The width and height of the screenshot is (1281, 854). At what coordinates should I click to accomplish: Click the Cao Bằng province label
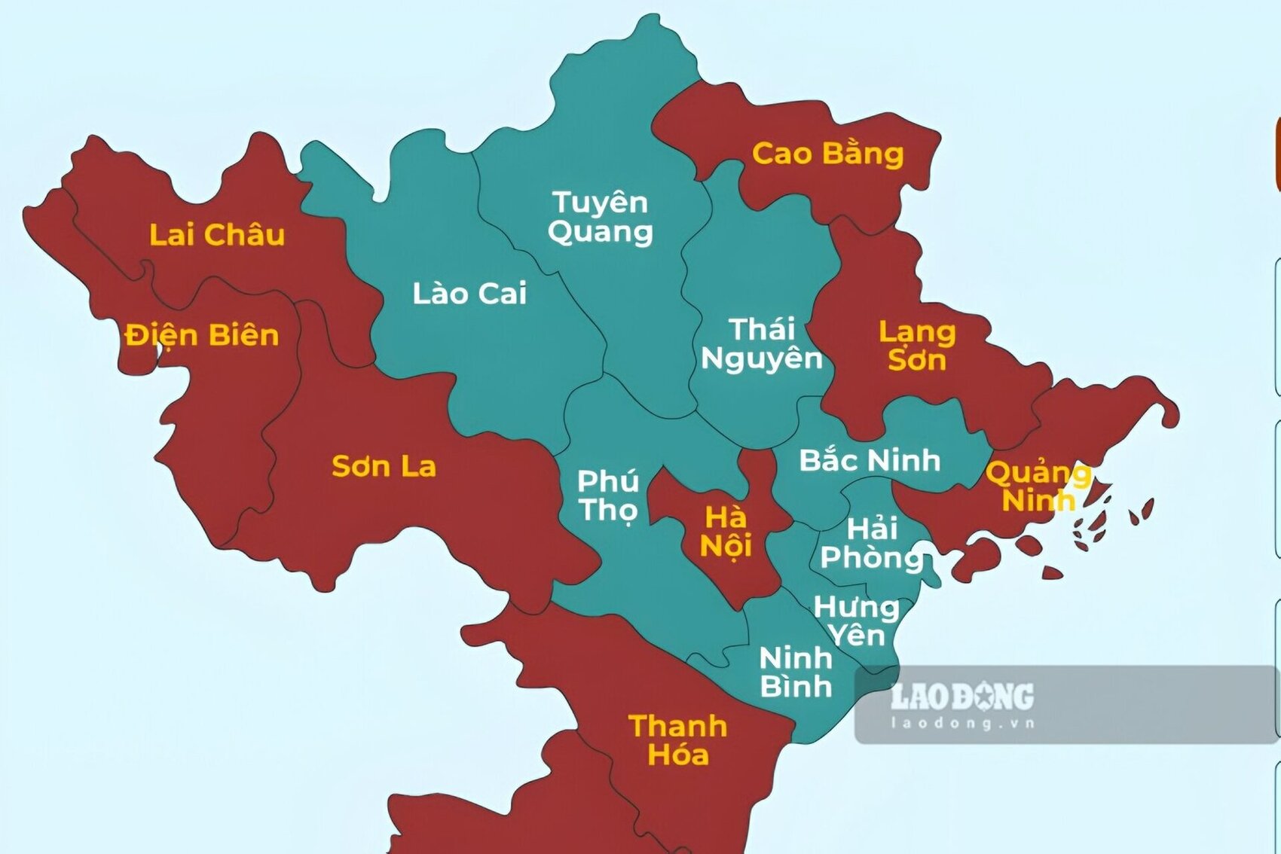(x=827, y=154)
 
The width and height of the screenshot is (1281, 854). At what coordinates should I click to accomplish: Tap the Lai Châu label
(x=217, y=235)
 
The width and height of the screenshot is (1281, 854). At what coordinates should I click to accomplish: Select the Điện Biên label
(x=202, y=335)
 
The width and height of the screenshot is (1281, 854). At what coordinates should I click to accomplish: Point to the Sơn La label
(x=384, y=467)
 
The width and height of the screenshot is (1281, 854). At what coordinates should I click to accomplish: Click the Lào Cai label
(x=469, y=294)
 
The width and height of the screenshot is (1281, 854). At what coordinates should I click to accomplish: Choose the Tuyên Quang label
(x=600, y=217)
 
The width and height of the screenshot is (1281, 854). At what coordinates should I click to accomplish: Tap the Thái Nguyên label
(x=761, y=344)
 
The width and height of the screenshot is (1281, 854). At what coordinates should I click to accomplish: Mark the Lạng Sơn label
(x=916, y=346)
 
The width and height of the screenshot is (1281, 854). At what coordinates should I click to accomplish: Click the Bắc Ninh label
(x=870, y=460)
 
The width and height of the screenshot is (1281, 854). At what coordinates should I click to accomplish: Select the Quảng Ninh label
(x=1038, y=486)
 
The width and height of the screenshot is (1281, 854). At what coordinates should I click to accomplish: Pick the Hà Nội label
(x=726, y=532)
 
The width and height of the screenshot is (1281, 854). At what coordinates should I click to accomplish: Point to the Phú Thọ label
(x=607, y=496)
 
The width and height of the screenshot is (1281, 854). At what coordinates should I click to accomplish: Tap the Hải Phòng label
(x=872, y=543)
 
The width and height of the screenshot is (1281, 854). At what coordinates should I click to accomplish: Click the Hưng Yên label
(x=857, y=621)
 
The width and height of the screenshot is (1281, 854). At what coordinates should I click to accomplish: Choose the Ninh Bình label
(x=796, y=673)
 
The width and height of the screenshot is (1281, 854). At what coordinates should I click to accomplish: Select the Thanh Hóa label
(x=677, y=740)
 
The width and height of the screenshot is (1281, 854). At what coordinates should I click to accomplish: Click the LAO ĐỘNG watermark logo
(x=962, y=697)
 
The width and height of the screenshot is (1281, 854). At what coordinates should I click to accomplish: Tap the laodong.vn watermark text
(x=962, y=724)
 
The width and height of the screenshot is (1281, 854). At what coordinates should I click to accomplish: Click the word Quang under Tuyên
(x=600, y=232)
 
